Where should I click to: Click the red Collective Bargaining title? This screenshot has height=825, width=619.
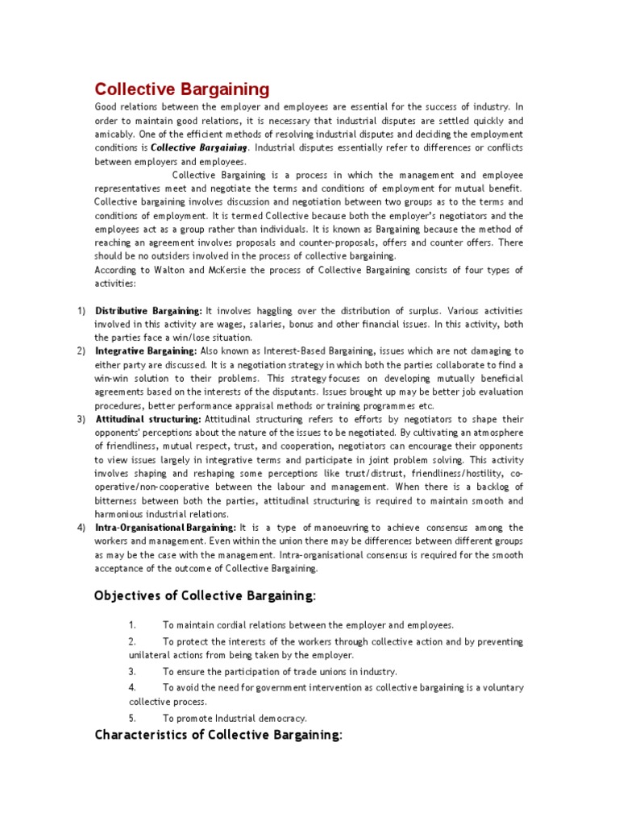pyautogui.click(x=182, y=89)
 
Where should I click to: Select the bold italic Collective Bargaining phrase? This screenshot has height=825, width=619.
pyautogui.click(x=199, y=147)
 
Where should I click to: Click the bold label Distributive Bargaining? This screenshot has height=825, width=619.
pyautogui.click(x=148, y=310)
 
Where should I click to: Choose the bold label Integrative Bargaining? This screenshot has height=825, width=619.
pyautogui.click(x=146, y=351)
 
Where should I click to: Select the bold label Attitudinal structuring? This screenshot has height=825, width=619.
pyautogui.click(x=149, y=419)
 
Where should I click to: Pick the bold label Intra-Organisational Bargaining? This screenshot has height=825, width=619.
pyautogui.click(x=165, y=527)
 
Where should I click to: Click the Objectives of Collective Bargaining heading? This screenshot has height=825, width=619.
pyautogui.click(x=206, y=595)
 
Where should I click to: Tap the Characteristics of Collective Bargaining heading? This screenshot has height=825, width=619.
pyautogui.click(x=218, y=734)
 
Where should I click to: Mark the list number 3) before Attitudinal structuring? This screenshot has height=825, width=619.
pyautogui.click(x=81, y=419)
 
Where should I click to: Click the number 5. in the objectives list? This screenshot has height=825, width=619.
pyautogui.click(x=132, y=718)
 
